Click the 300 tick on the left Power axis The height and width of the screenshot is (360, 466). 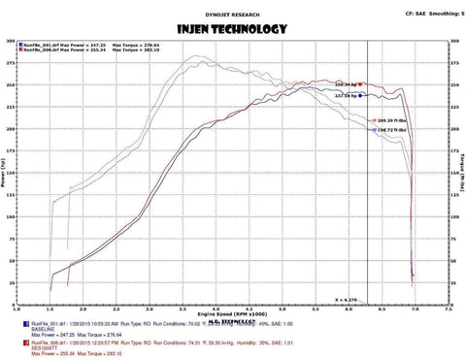click(12, 43)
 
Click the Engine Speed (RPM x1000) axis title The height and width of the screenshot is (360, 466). click(232, 315)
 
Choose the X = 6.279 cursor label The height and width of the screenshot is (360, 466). click(348, 300)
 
